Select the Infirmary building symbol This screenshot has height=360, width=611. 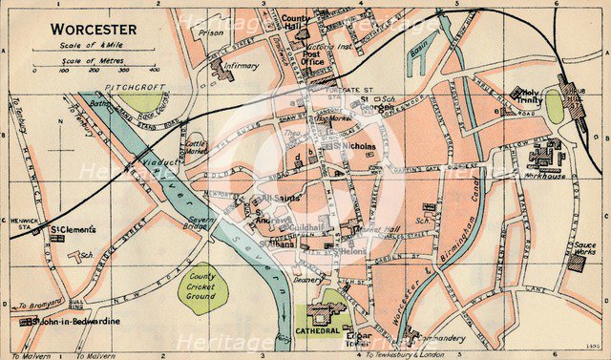click(225, 70)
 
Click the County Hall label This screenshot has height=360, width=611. click(297, 23)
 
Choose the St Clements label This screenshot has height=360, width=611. click(71, 229)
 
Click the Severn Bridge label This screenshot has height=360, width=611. click(202, 224)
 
